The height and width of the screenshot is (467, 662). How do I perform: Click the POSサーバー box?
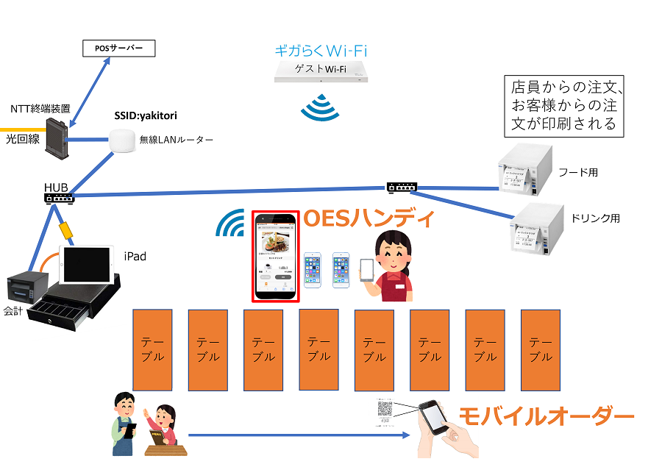pos(118,49)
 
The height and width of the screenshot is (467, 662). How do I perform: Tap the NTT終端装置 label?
pos(40,109)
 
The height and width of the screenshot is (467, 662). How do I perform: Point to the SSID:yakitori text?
pos(146,115)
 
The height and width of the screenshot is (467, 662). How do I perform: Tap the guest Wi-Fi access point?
pos(321,71)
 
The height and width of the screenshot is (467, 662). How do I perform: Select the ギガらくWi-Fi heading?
pos(320,51)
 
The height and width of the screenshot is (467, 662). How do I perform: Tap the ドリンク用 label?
pos(595,218)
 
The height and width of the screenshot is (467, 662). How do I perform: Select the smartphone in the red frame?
pos(276,256)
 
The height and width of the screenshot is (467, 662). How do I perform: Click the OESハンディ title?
pos(370,218)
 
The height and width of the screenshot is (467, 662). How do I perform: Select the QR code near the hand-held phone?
pos(385,409)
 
